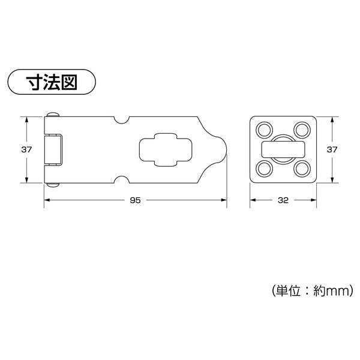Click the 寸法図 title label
pos(52,82)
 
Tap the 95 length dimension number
pos(135,200)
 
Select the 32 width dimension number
pos(283,200)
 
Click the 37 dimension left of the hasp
pos(26,149)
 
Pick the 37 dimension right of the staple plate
pos(332,149)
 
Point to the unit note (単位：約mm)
pos(313,291)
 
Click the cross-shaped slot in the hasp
pos(166,149)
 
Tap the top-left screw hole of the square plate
pos(264,130)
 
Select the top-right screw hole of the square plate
pos(302,130)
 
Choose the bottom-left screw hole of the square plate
pos(264,169)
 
